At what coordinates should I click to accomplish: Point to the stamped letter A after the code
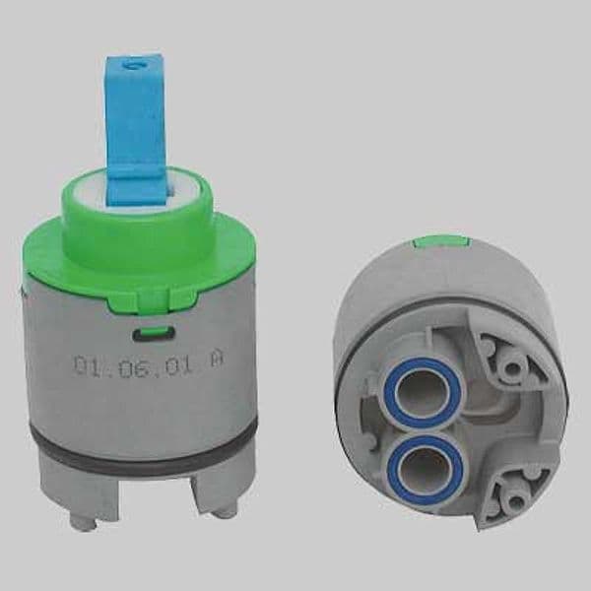[217, 362]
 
